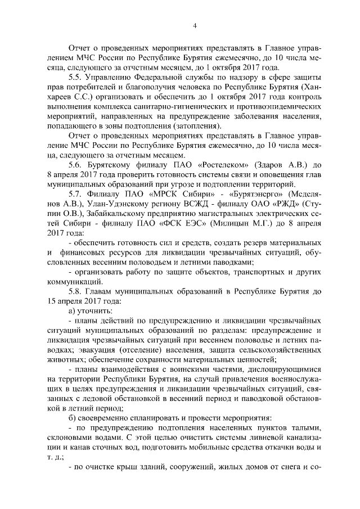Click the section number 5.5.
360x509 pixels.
pyautogui.click(x=75, y=76)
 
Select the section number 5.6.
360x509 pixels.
pyautogui.click(x=76, y=165)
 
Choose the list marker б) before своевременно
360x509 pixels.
pyautogui.click(x=71, y=418)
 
